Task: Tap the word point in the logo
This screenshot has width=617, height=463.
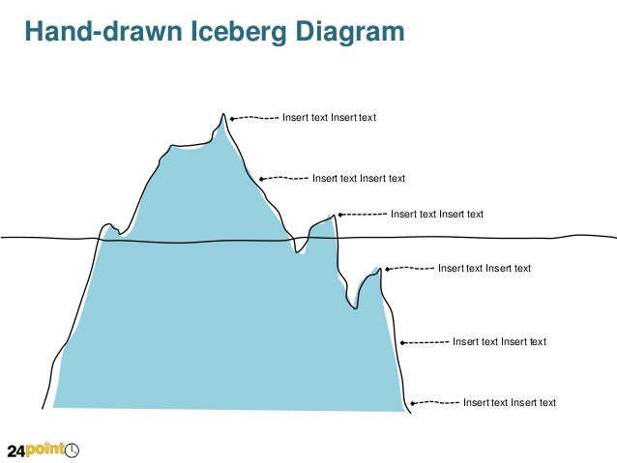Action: point(46,450)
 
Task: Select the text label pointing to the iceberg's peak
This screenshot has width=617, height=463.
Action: point(329,118)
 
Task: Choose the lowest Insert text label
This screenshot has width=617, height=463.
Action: point(510,403)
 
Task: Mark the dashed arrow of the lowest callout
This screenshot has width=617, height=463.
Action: point(431,403)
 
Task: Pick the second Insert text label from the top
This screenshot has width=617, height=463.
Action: point(358,178)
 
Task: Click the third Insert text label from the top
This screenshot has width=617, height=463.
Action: point(436,215)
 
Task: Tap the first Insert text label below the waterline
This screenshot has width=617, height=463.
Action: point(485,268)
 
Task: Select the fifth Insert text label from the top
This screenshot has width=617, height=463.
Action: point(499,341)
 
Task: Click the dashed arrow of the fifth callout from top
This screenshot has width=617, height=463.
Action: point(425,341)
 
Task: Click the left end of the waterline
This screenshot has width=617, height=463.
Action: point(4,237)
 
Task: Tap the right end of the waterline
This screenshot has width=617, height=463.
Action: point(612,237)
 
